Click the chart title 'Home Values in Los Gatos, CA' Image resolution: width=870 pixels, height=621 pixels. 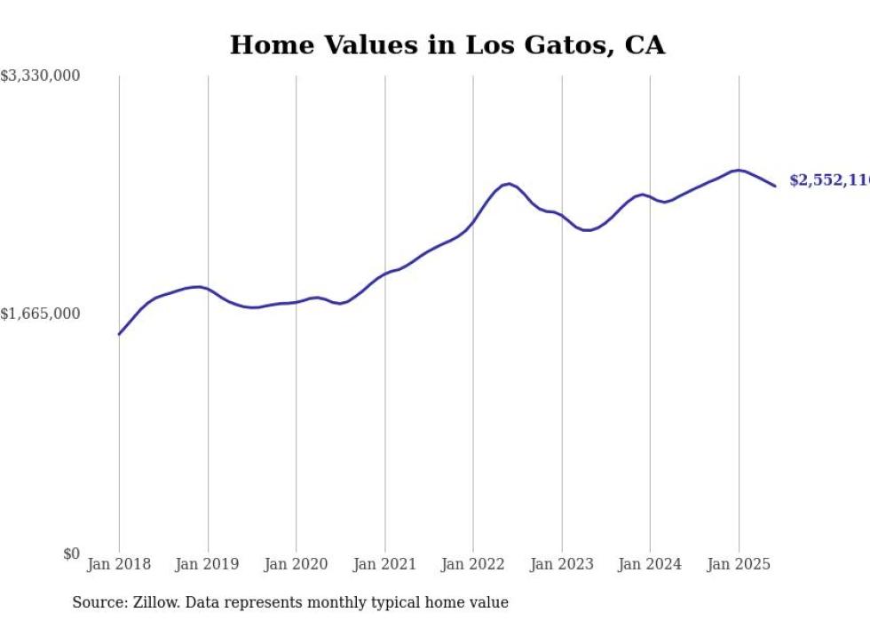coord(447,45)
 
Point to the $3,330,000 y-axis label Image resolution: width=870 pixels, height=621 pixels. coord(41,76)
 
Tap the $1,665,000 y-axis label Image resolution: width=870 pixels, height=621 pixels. coord(41,314)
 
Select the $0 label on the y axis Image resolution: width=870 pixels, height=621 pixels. coord(71,554)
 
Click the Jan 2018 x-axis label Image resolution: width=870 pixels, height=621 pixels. coord(119,564)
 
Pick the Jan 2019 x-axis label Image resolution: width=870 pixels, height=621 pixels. coord(208,564)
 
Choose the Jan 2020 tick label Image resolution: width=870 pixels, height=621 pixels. coord(296,564)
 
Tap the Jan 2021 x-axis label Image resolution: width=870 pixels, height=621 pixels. coord(384,564)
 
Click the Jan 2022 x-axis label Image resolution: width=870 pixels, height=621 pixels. coord(473,564)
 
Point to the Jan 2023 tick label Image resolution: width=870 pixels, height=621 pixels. coord(562,564)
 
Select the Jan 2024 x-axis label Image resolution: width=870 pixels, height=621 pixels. coord(650,564)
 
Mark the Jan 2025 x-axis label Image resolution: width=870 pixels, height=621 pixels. coord(739,564)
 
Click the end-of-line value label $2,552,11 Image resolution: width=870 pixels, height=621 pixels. coord(829,180)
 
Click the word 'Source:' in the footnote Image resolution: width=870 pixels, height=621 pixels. coord(97,602)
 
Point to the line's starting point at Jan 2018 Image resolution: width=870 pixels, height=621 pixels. coord(119,334)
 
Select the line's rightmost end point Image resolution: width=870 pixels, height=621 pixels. coord(775,186)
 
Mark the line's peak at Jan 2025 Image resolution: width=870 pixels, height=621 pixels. coord(739,170)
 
